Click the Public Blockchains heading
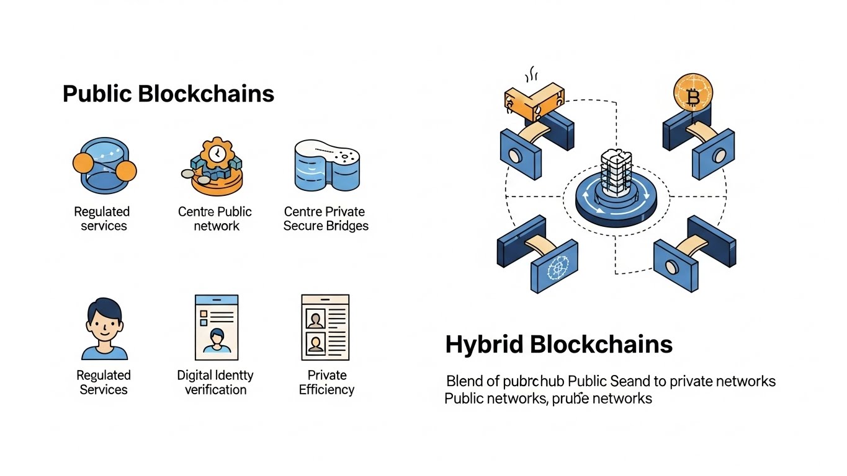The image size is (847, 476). [168, 94]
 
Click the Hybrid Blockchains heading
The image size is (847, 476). [558, 345]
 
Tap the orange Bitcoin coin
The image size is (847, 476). [693, 94]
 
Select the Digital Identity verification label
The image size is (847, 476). [215, 382]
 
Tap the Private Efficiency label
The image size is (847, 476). [326, 382]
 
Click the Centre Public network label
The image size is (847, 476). [215, 219]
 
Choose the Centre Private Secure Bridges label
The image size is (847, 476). [326, 219]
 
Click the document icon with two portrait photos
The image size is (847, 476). [325, 327]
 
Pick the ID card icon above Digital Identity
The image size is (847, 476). [216, 327]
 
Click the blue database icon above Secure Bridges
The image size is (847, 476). [326, 164]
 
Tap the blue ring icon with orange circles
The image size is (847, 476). [104, 165]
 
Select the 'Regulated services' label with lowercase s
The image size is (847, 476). [103, 219]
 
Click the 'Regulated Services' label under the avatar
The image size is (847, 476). [103, 382]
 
